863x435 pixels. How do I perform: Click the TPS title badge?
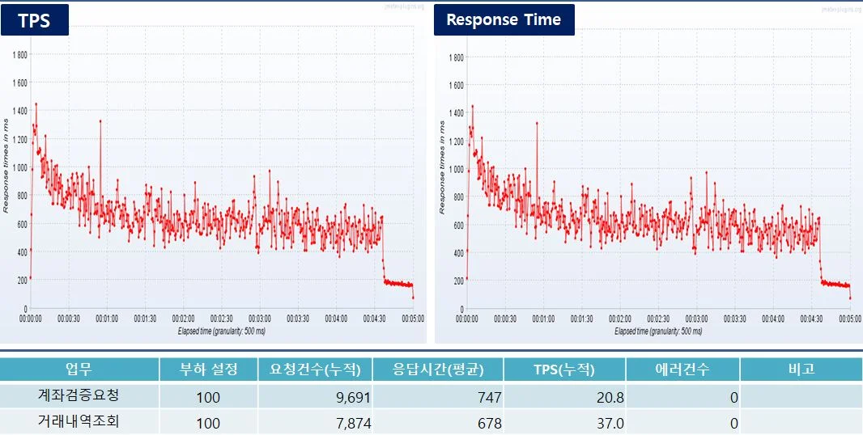pos(34,20)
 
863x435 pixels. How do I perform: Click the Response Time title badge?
pos(504,20)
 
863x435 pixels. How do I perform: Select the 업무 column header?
pos(79,370)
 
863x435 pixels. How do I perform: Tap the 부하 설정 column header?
pos(208,370)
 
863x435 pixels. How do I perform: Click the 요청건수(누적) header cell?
pos(314,370)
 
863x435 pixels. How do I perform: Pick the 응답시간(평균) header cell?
pos(437,370)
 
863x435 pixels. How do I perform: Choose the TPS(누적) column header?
pos(563,370)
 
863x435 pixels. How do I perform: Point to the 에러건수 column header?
pos(682,370)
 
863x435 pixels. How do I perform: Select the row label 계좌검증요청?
pos(79,396)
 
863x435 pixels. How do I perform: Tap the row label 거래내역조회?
pos(79,422)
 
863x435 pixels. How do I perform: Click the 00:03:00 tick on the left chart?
pos(260,319)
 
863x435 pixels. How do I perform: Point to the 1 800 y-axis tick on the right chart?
pos(455,57)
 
